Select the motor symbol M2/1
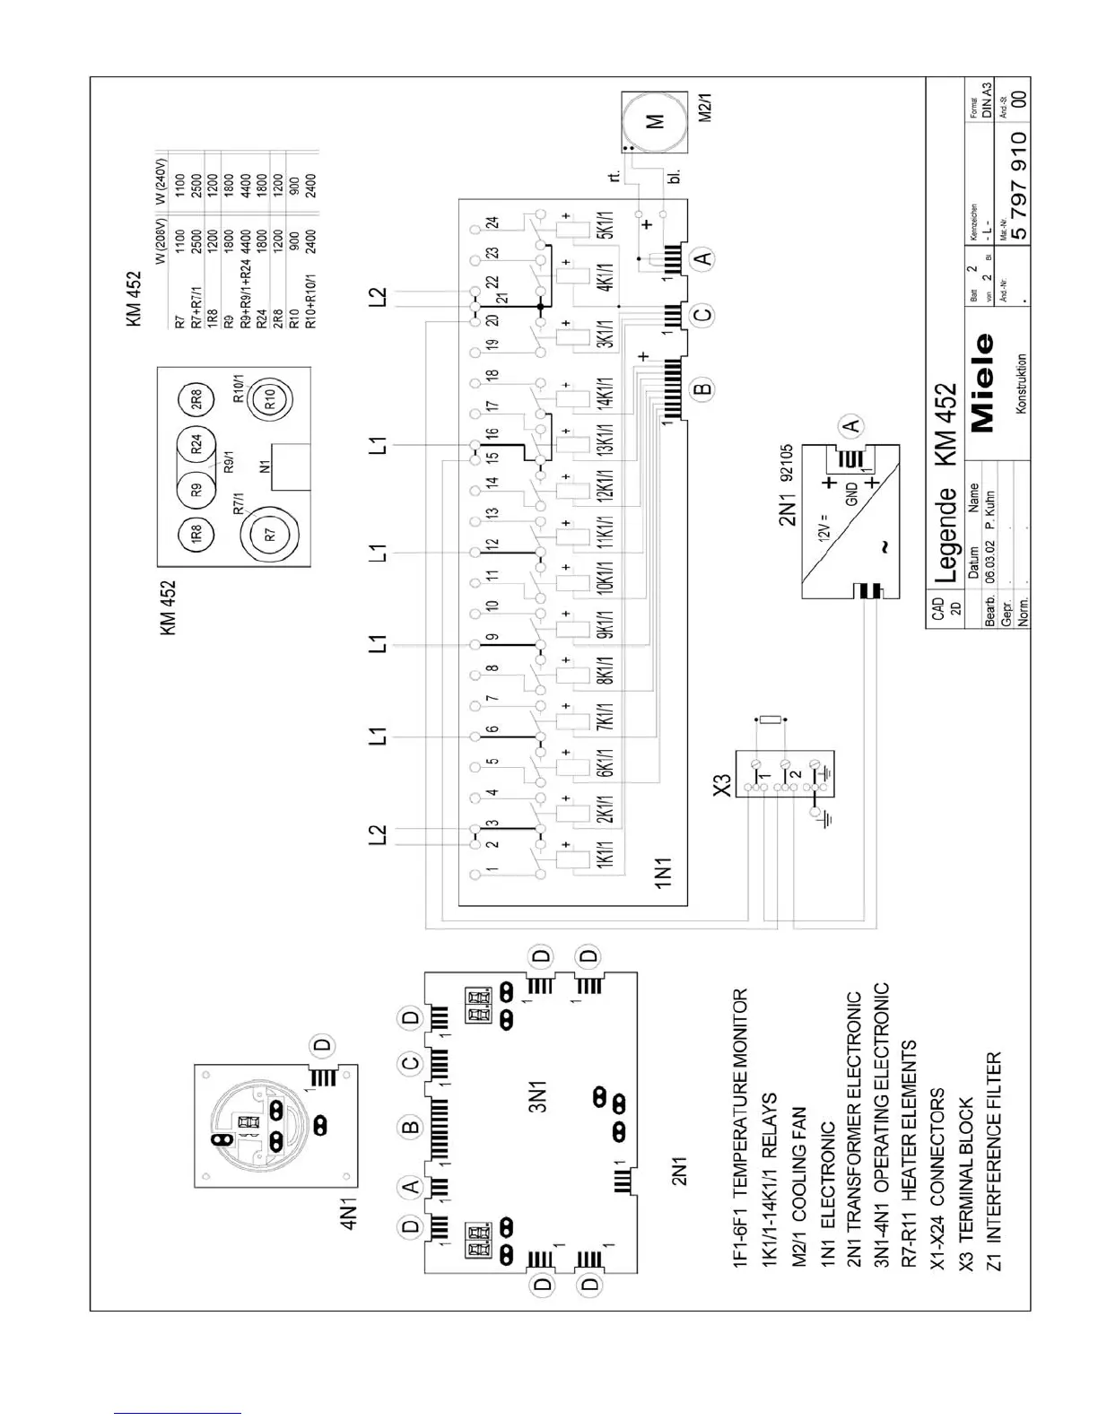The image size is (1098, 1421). (656, 121)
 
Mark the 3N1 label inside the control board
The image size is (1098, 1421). (537, 1095)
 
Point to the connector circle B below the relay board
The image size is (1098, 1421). (704, 388)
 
